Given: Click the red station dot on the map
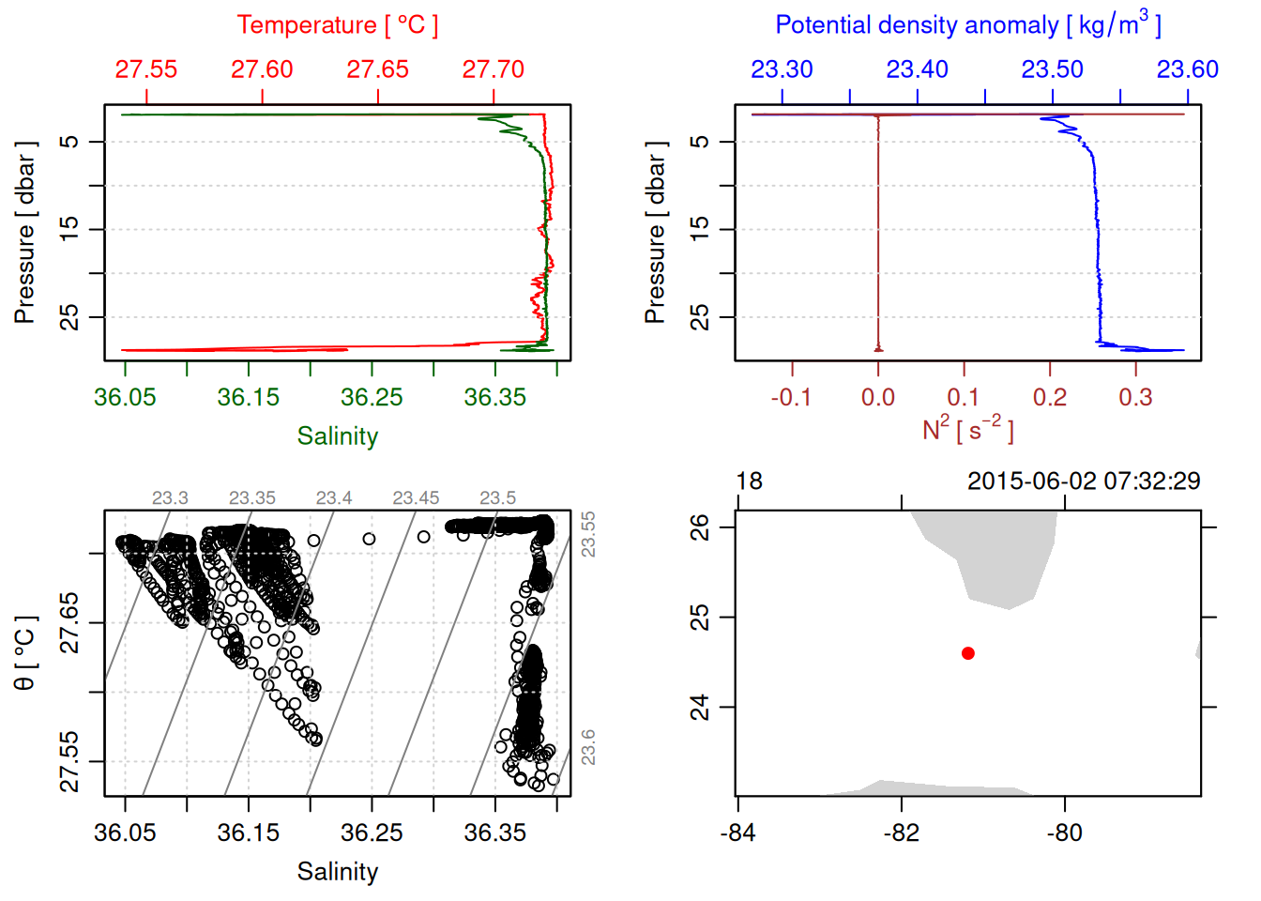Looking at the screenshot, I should coord(968,653).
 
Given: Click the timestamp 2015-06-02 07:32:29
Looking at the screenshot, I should coord(1084,481).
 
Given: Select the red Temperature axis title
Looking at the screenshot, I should coord(338,25).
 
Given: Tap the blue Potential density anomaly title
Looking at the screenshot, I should coord(968,24).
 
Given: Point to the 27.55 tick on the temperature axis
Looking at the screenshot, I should coord(146,69).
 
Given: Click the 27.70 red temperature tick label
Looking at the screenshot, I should coord(494,69).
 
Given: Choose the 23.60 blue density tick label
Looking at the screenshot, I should coord(1187,69).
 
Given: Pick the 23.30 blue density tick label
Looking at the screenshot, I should coord(782,69).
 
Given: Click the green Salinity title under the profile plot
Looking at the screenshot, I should coord(338,436).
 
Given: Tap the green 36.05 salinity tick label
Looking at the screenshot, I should coord(125,397).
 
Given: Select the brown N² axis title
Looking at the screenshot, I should coord(968,429).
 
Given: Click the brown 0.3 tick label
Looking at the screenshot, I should coord(1135,397).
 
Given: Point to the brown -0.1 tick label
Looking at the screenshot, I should coord(791,397).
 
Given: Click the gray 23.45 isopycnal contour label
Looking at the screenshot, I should coord(416,498).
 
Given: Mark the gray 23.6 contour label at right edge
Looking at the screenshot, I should coord(588,747).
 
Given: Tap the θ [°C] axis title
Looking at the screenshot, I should coord(25,653).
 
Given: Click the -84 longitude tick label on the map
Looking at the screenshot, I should coord(737,832).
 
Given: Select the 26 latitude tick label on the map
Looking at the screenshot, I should coord(700,527).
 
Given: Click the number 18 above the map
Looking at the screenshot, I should coord(749,481).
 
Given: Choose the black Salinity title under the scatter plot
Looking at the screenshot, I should coord(338,872).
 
